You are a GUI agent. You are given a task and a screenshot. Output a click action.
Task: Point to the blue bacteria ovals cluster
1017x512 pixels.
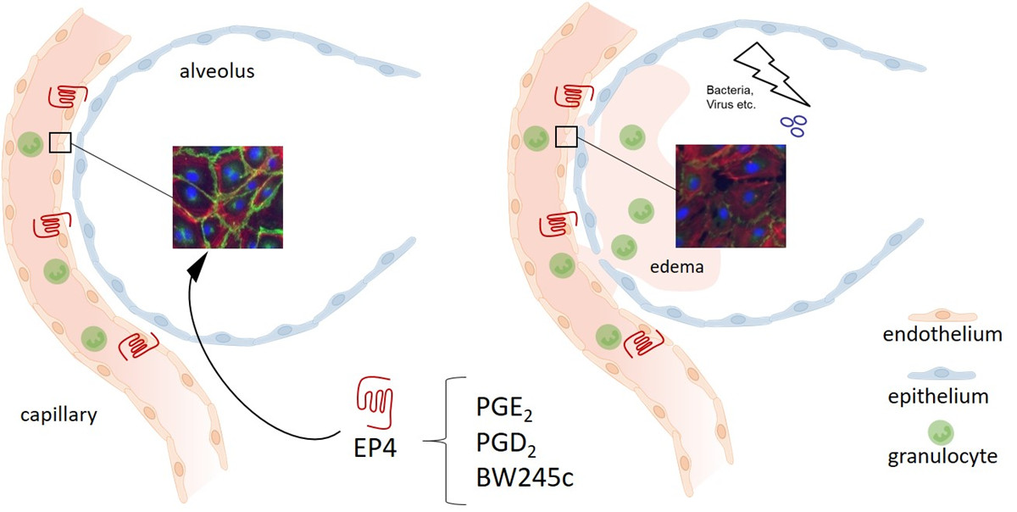[796, 125]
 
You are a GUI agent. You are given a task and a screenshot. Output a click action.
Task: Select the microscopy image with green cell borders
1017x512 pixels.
[228, 197]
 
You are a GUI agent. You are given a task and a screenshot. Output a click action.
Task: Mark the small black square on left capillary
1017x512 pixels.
[59, 142]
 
